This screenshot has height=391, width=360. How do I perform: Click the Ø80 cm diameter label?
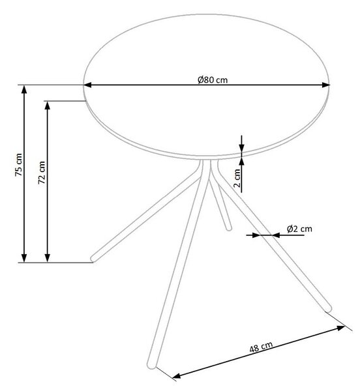[213, 80]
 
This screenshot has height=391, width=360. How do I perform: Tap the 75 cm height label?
[18, 165]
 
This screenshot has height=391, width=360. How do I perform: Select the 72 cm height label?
[42, 173]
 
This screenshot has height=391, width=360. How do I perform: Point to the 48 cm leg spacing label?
[261, 347]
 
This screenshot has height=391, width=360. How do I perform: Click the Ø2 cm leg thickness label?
[299, 229]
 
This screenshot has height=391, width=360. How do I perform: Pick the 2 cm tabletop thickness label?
[237, 178]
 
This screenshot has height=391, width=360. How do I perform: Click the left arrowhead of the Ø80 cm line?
[88, 85]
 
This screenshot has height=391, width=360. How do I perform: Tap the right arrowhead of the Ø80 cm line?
[326, 85]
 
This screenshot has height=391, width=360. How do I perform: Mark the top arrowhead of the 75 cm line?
[24, 89]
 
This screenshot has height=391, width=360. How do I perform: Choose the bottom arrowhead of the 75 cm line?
[24, 258]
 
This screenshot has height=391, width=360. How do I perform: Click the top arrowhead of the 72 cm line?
[48, 106]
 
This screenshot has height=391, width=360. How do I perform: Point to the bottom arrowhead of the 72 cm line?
[48, 258]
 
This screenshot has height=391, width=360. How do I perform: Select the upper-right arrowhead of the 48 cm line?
[341, 328]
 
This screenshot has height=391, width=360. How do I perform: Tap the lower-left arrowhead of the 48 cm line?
[177, 375]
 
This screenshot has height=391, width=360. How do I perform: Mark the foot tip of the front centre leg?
[151, 366]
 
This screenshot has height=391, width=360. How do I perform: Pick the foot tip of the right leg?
[329, 309]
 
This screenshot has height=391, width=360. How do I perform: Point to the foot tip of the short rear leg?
[229, 228]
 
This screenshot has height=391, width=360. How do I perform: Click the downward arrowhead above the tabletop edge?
[241, 148]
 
